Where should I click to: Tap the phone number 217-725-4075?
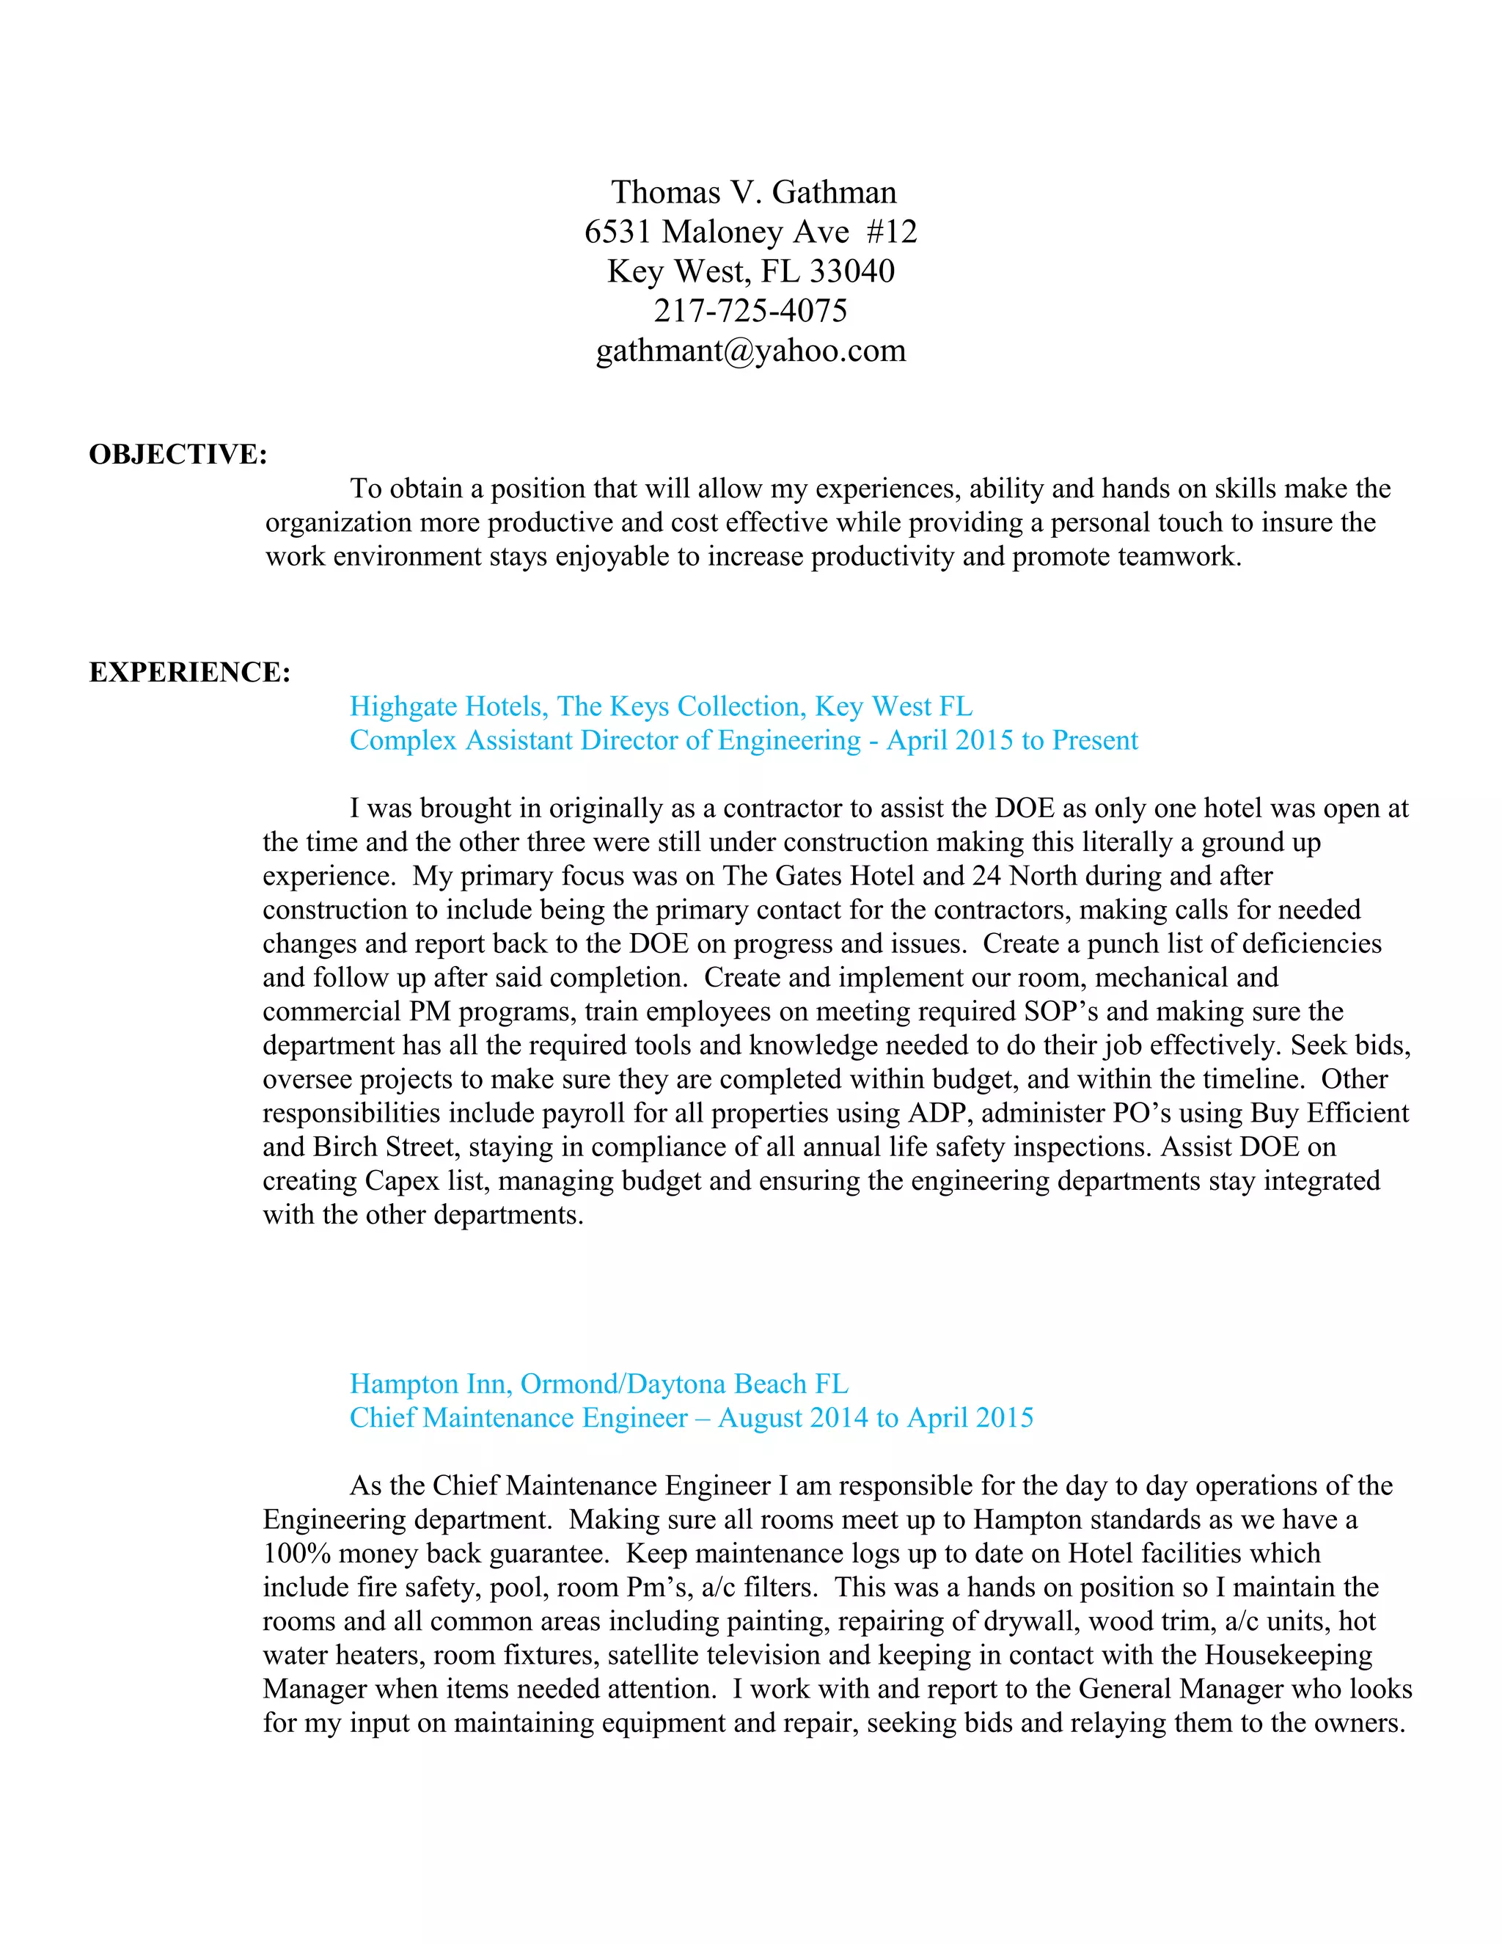(x=750, y=310)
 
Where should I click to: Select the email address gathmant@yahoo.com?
(x=750, y=351)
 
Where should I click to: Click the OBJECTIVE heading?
(x=178, y=454)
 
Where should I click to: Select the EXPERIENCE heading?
(x=189, y=672)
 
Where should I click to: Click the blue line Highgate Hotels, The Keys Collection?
(x=660, y=706)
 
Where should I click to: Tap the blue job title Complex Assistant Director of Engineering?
(x=605, y=741)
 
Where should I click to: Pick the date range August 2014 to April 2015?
(x=876, y=1418)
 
